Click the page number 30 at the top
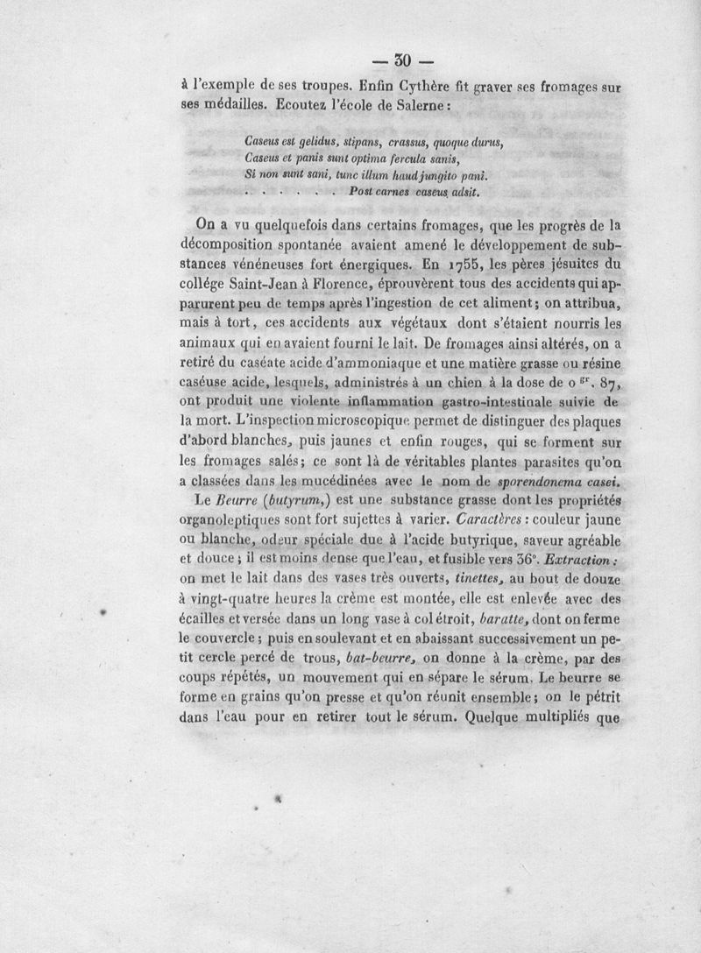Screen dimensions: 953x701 pyautogui.click(x=403, y=61)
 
